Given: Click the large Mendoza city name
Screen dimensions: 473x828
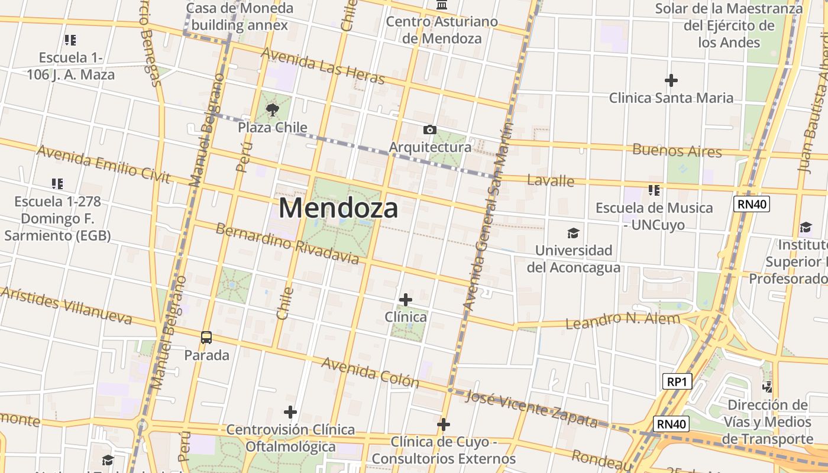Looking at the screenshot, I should (x=338, y=208).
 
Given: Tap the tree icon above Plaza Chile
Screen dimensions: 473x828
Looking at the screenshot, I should (x=273, y=109).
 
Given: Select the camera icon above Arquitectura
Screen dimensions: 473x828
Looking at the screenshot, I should (x=430, y=129).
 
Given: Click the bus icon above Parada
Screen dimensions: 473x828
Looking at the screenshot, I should (x=206, y=338).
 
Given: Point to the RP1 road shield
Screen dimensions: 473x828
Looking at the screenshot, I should (x=676, y=381).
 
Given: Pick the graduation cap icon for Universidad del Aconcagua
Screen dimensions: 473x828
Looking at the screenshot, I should (x=573, y=233).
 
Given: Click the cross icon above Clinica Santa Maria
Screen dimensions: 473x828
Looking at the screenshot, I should (x=671, y=80).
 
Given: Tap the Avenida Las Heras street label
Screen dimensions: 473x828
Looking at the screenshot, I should (x=322, y=66).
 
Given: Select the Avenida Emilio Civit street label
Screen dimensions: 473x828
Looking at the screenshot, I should (x=103, y=163).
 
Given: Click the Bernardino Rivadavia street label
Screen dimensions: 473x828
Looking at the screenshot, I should (x=287, y=244).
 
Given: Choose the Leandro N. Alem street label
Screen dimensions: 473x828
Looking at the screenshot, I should (x=623, y=320).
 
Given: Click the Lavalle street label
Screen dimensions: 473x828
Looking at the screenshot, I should (x=550, y=180).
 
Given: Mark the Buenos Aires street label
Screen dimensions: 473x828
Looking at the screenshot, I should (x=677, y=150).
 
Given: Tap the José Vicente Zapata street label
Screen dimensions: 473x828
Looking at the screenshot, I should (x=531, y=409).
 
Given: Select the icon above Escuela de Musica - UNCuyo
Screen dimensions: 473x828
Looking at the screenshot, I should (x=654, y=190).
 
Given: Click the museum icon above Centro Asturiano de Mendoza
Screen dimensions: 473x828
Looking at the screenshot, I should (x=441, y=5).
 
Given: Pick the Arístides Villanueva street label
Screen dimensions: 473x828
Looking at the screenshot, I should (x=66, y=306).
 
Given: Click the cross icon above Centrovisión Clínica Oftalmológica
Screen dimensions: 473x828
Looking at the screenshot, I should (x=290, y=412).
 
